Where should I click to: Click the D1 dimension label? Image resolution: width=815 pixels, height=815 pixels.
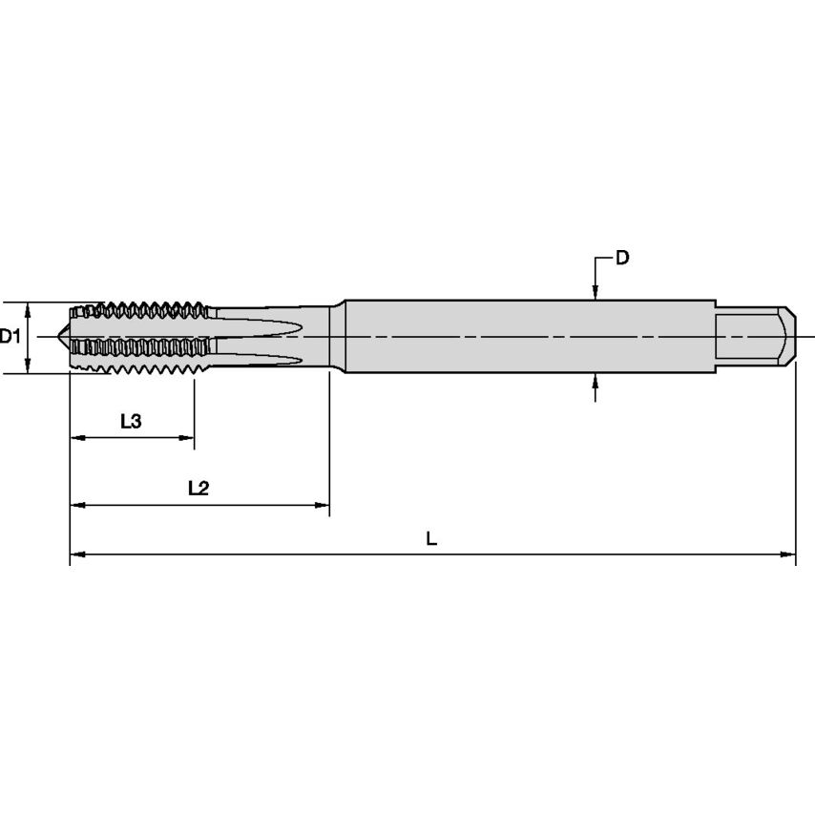pos(10,336)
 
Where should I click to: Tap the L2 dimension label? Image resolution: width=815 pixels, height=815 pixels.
pos(198,488)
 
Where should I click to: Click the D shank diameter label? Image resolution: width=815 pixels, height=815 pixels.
pos(622,258)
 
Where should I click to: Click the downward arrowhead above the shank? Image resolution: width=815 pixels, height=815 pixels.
pos(595,294)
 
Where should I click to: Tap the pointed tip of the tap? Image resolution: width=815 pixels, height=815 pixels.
pos(63,337)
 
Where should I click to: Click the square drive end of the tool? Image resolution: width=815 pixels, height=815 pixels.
pos(754,337)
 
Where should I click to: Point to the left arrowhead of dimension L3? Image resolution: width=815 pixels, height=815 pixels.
pos(76,438)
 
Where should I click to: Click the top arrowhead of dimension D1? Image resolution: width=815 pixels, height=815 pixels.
pos(29,307)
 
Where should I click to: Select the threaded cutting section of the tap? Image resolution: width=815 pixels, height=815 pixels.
pos(143,337)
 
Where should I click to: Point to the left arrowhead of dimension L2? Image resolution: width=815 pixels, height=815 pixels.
pos(76,505)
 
